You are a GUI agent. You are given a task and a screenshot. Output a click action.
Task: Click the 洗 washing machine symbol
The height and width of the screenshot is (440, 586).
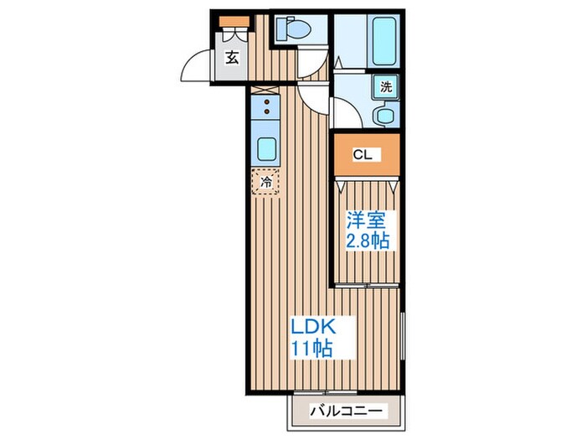coord(386,85)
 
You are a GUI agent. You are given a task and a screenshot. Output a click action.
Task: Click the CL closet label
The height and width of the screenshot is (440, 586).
coord(362,154)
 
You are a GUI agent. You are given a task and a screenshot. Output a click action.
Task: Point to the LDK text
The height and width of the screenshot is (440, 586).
coord(311,324)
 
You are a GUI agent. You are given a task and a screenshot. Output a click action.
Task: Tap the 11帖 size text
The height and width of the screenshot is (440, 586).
coord(311,346)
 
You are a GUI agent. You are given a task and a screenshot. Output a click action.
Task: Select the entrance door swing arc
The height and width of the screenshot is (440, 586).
coord(194,65)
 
